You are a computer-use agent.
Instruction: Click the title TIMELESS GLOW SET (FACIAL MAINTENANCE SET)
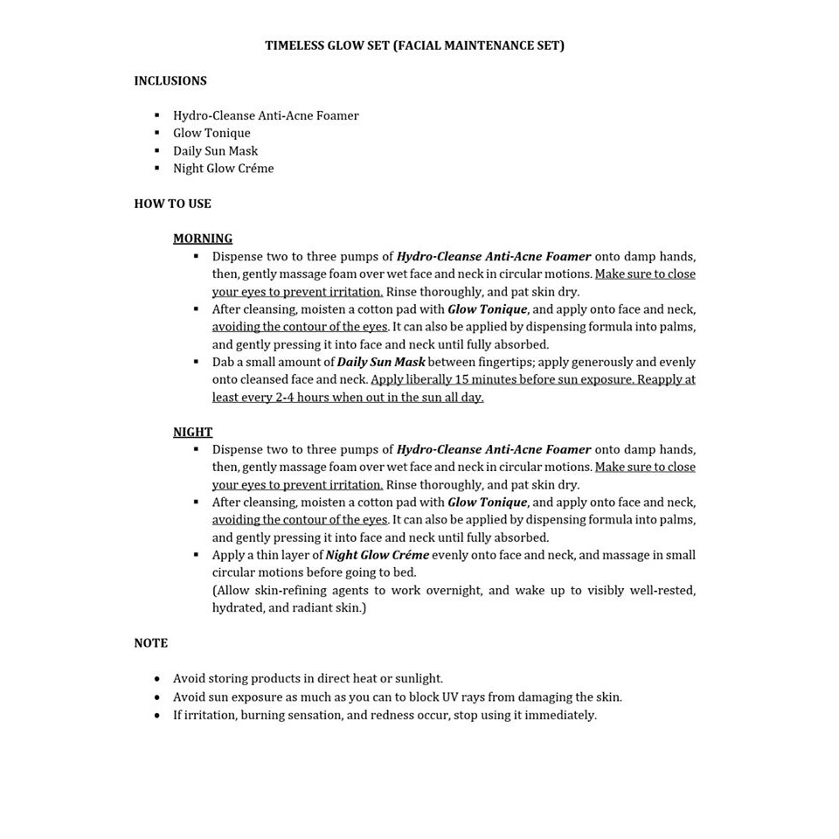pos(414,45)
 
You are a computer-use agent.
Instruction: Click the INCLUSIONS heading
pos(170,80)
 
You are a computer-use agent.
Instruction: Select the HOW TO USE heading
pos(172,204)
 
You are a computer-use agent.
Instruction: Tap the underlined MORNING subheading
pos(203,239)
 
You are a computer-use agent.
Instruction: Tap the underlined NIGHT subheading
pos(192,432)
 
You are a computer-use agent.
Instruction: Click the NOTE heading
pos(150,643)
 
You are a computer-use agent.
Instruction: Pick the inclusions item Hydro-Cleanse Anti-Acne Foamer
pos(266,115)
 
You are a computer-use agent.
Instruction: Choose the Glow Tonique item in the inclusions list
pos(211,133)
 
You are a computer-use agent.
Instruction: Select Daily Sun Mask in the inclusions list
pos(215,151)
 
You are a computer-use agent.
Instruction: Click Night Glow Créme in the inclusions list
pos(223,169)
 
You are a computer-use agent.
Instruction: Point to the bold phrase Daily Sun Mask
pos(381,362)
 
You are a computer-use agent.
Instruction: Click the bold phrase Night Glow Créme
pos(377,555)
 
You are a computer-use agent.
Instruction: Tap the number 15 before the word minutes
pos(464,379)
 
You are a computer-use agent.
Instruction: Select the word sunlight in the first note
pos(419,678)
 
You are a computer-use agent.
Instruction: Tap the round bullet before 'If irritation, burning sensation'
pos(157,715)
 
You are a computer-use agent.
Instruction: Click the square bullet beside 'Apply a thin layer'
pos(196,555)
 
